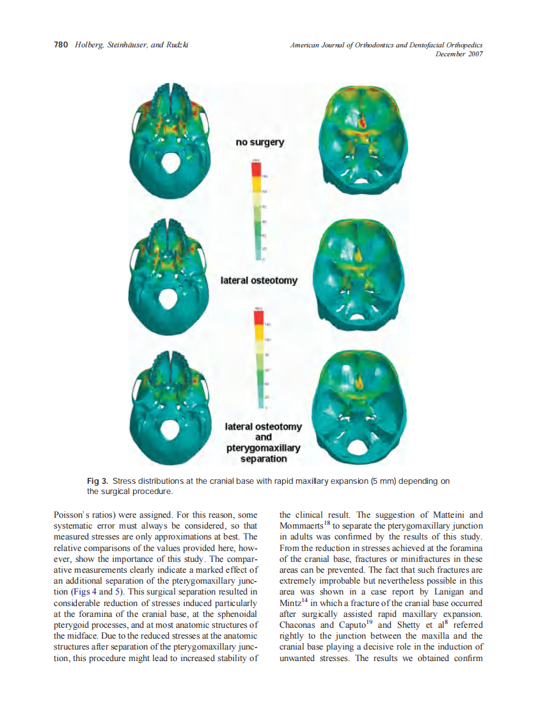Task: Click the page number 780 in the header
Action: (61, 45)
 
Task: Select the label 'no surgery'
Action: (260, 141)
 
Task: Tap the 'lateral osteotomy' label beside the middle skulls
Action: (258, 280)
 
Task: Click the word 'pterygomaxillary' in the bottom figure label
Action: (264, 448)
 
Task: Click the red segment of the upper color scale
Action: (256, 169)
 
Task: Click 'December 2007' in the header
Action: (459, 54)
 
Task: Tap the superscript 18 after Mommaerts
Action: (326, 523)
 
